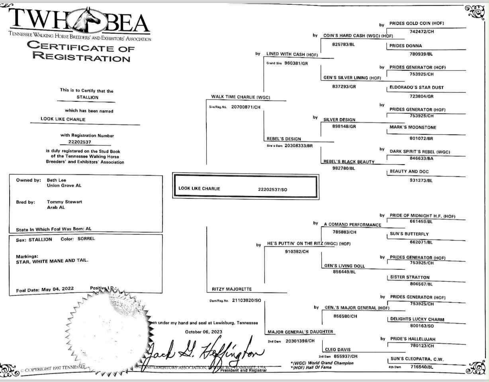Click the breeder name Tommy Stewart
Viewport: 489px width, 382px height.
[x=64, y=202]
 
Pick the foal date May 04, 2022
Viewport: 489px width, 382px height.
[x=57, y=289]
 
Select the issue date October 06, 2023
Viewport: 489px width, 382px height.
[x=203, y=331]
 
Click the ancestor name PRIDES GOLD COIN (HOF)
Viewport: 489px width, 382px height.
[x=417, y=23]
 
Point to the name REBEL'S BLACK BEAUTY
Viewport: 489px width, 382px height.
[x=349, y=162]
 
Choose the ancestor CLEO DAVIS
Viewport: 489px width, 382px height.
[x=338, y=350]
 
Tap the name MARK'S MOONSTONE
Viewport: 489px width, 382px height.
[x=413, y=127]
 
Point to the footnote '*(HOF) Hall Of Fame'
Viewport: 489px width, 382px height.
[x=311, y=367]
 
